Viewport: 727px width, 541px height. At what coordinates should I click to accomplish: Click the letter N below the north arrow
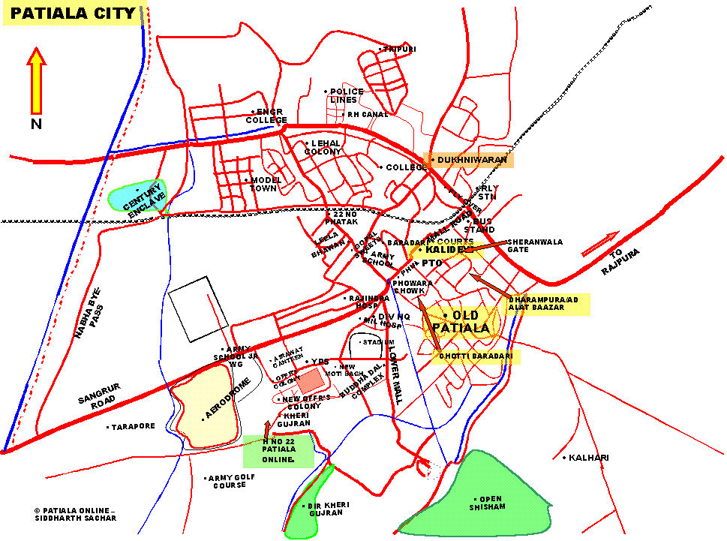[36, 125]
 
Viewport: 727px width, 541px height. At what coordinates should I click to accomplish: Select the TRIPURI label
[399, 50]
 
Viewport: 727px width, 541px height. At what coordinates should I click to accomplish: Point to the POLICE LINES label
[347, 96]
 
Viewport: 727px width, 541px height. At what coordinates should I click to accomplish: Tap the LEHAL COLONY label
[323, 147]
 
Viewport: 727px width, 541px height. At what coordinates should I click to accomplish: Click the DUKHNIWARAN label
[472, 160]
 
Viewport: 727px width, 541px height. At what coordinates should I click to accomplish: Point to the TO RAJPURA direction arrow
[600, 244]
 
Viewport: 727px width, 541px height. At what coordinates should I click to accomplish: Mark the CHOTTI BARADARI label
[476, 356]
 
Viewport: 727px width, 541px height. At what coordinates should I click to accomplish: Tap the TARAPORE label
[134, 426]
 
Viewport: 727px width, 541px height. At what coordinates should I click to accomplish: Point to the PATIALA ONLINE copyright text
[75, 513]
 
